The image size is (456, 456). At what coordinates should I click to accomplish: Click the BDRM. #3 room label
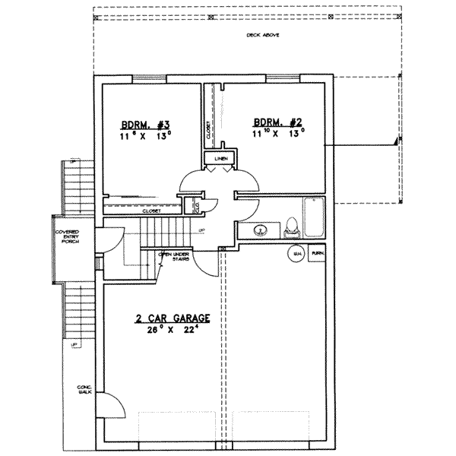click(139, 124)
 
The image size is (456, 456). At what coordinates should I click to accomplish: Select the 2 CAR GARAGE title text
click(173, 320)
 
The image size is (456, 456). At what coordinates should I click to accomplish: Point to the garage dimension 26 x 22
click(173, 331)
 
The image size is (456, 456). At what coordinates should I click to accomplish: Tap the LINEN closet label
click(221, 159)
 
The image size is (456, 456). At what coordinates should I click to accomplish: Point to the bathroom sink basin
click(261, 229)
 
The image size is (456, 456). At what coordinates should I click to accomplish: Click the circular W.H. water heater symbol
click(294, 253)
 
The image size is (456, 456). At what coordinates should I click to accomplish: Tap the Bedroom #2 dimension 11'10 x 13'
click(279, 131)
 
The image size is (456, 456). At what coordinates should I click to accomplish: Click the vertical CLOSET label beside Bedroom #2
click(207, 130)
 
